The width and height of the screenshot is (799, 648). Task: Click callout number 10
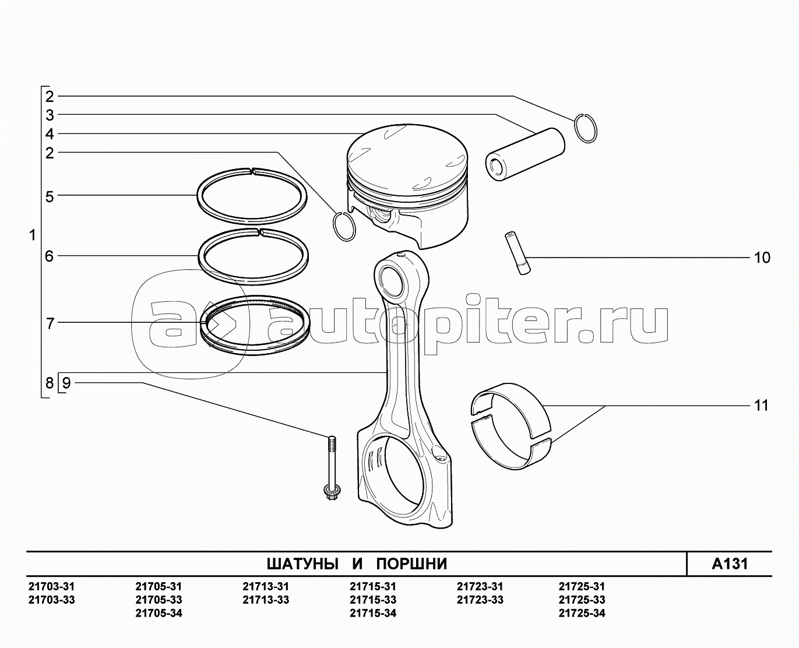[x=762, y=258]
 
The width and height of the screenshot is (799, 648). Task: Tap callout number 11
[x=761, y=406]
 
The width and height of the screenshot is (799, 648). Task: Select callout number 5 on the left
[x=50, y=197]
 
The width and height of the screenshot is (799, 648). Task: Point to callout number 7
[x=50, y=323]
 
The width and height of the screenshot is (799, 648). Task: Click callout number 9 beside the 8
[x=66, y=383]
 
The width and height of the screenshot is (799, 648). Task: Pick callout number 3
[x=50, y=115]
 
